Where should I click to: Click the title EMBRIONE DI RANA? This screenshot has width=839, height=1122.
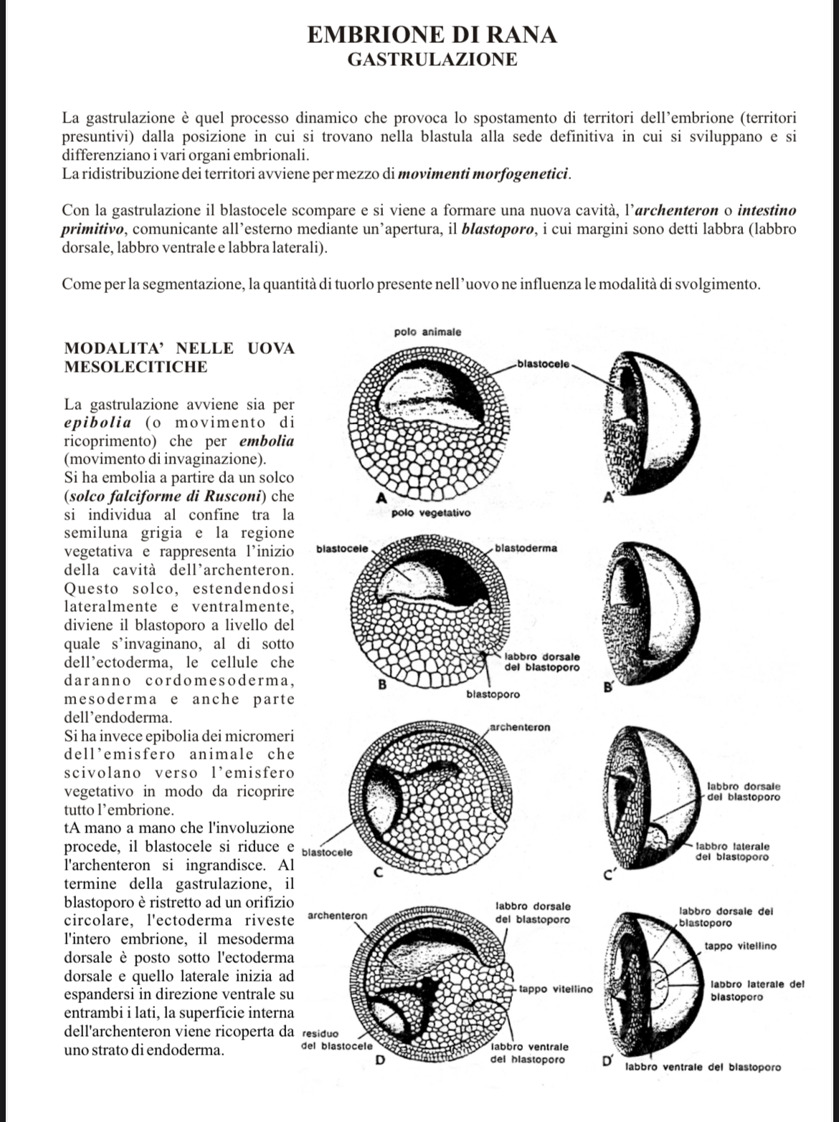coord(431,34)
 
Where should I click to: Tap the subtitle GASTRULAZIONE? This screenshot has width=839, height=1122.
coord(432,59)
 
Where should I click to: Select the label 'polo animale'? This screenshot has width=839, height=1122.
coord(428,332)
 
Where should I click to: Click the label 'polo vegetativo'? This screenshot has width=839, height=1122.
coord(431,513)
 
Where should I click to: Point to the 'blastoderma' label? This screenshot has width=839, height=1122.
coord(526,548)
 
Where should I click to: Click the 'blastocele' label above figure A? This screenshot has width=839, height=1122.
coord(543,364)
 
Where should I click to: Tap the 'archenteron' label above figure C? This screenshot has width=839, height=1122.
coord(521,727)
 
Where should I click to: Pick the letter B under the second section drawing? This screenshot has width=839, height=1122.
coord(382,685)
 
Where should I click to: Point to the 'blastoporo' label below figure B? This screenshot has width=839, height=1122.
coord(493,694)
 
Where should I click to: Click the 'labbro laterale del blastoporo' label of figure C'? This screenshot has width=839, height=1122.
coord(732,851)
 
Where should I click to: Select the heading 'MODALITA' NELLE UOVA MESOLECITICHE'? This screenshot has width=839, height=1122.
coord(179,358)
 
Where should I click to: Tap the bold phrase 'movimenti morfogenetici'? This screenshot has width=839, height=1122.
coord(484,173)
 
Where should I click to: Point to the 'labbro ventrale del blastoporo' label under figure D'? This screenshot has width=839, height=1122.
coord(703,1067)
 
